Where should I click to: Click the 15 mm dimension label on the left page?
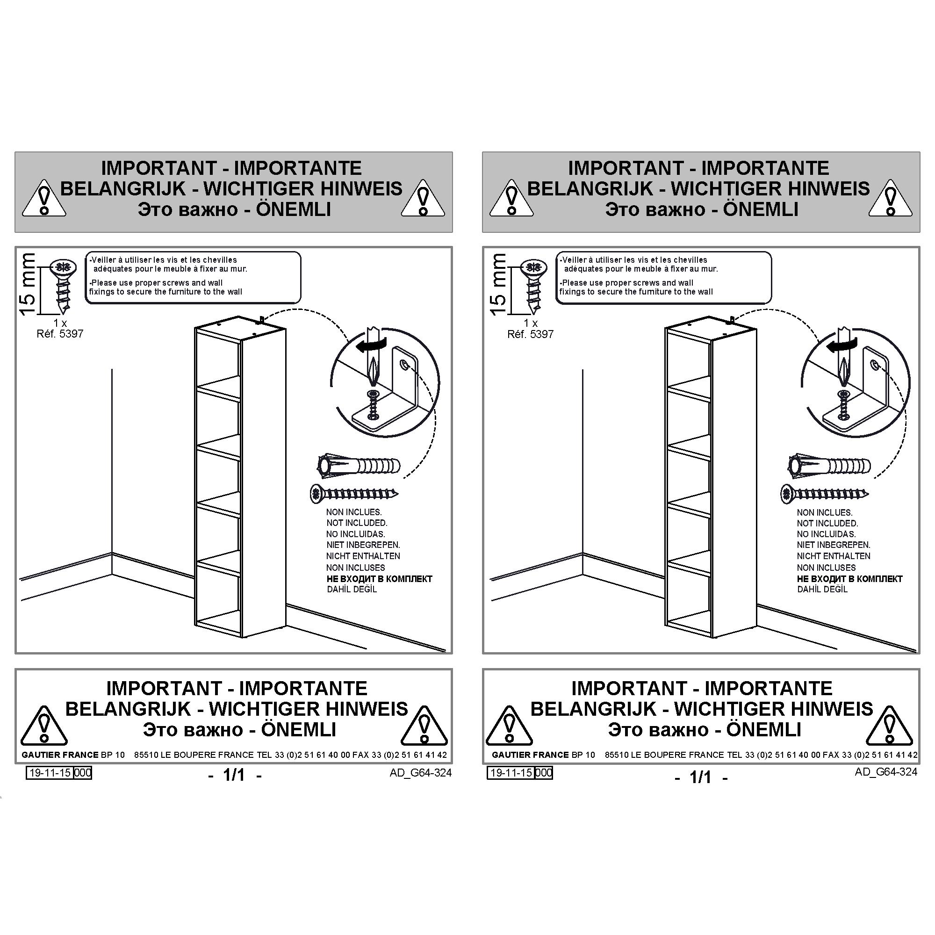pos(28,284)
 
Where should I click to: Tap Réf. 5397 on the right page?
pos(531,334)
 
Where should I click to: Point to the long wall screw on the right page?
pos(825,494)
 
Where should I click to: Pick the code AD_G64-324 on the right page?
pos(885,772)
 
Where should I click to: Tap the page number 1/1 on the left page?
pos(234,775)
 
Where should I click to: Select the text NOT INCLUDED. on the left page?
pos(357,523)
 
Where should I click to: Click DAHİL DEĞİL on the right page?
pos(822,590)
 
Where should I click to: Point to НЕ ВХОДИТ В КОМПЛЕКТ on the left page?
pos(380,579)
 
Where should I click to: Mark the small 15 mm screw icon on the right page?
pos(533,286)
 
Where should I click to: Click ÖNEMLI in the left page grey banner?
pos(294,209)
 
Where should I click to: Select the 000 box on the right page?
pos(544,773)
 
